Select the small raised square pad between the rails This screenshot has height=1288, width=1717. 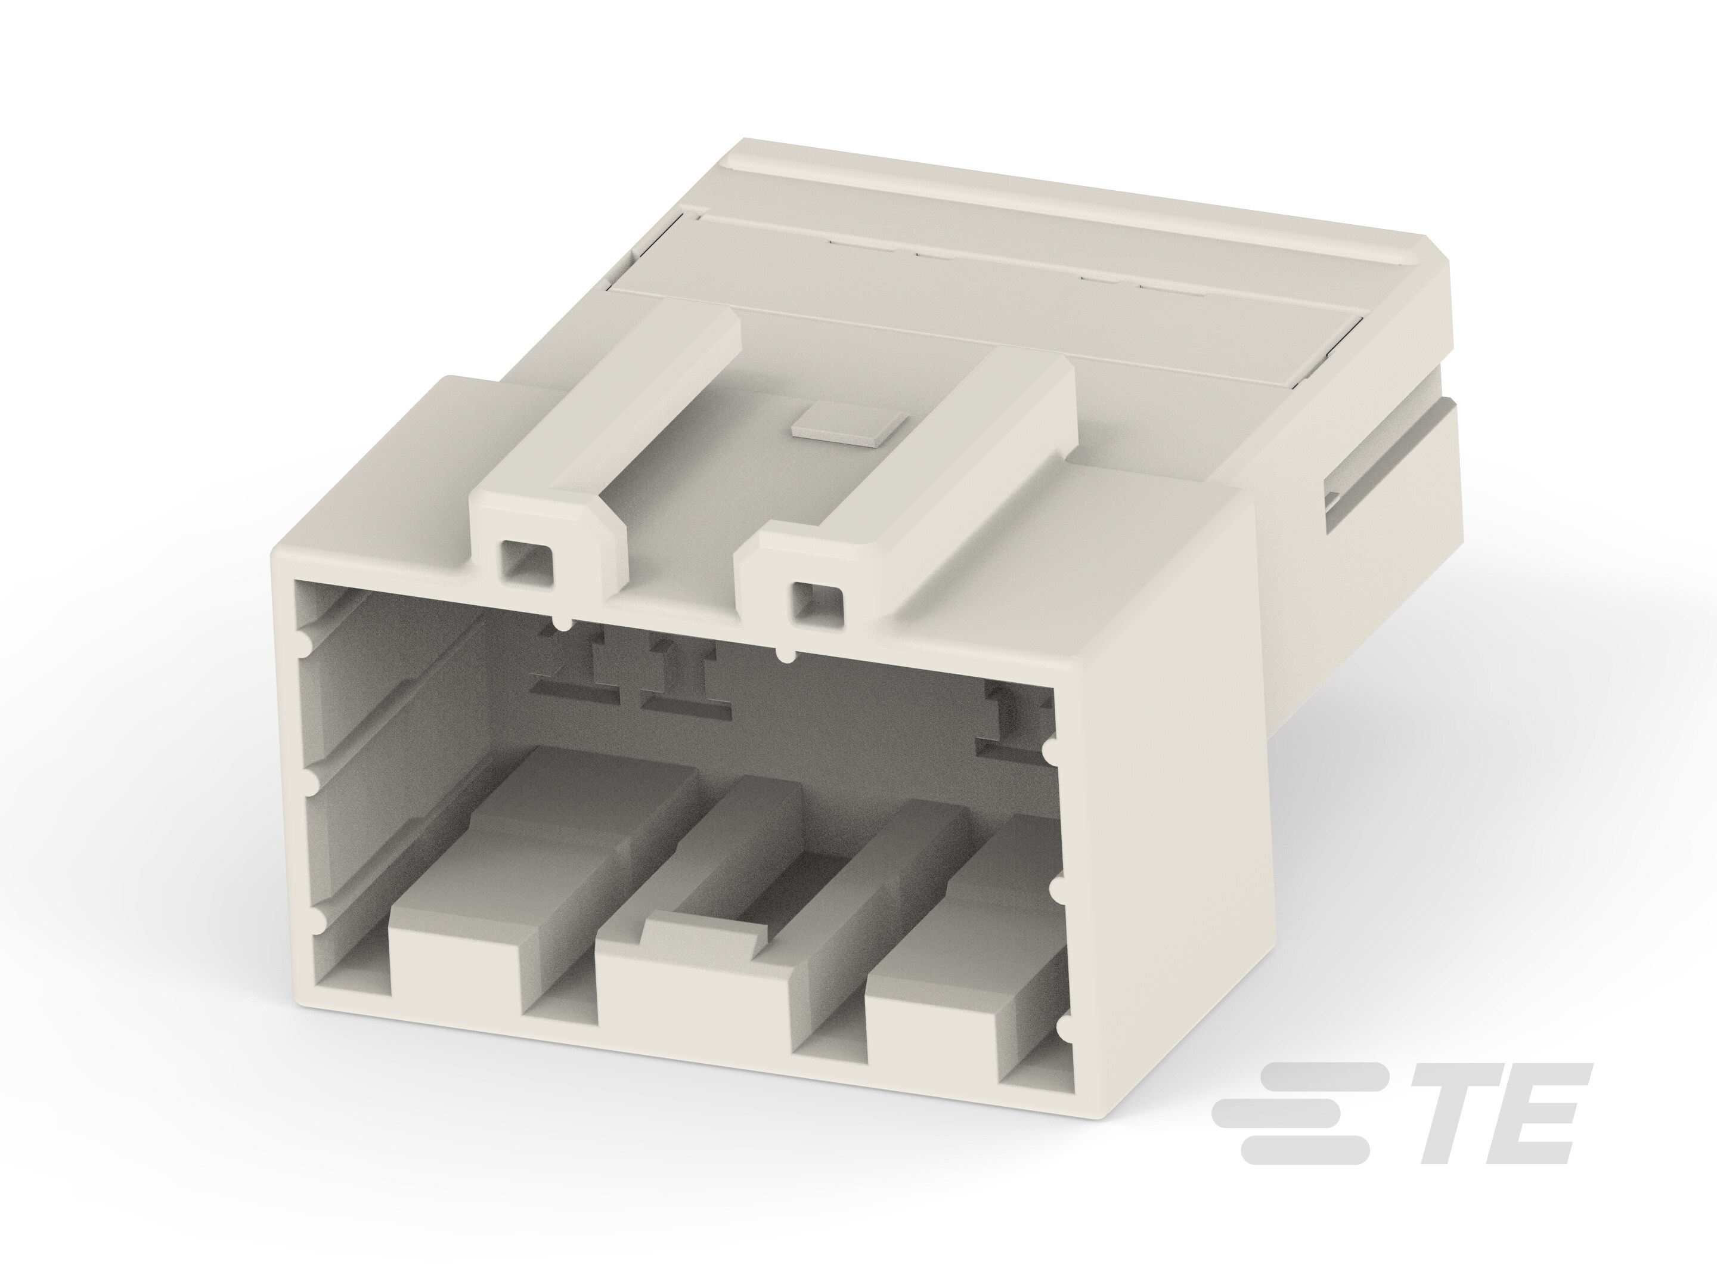(x=848, y=427)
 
